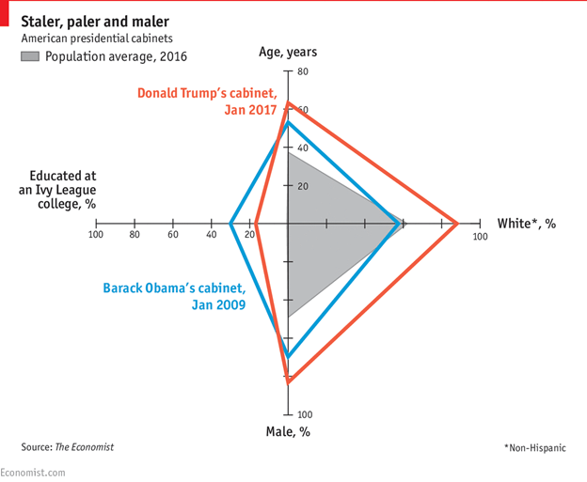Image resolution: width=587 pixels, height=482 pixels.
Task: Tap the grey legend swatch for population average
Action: click(x=30, y=56)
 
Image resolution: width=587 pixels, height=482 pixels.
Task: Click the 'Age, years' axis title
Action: click(x=288, y=52)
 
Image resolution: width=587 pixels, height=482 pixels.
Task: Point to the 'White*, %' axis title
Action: click(x=527, y=224)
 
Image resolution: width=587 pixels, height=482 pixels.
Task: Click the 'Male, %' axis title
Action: click(x=288, y=431)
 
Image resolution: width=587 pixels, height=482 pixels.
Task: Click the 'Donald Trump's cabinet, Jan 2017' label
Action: click(x=207, y=101)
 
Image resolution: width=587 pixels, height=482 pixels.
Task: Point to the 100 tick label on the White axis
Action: click(x=480, y=236)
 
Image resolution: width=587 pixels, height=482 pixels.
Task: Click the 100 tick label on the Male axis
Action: click(x=305, y=414)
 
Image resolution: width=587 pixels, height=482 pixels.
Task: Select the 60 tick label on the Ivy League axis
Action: click(x=173, y=235)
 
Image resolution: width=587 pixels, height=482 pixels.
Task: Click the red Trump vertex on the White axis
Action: click(x=457, y=224)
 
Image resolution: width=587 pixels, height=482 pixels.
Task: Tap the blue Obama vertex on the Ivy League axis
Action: click(x=230, y=224)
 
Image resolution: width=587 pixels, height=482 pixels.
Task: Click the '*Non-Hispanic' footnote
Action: click(x=534, y=447)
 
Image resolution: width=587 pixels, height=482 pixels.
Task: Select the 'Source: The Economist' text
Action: click(x=68, y=447)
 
